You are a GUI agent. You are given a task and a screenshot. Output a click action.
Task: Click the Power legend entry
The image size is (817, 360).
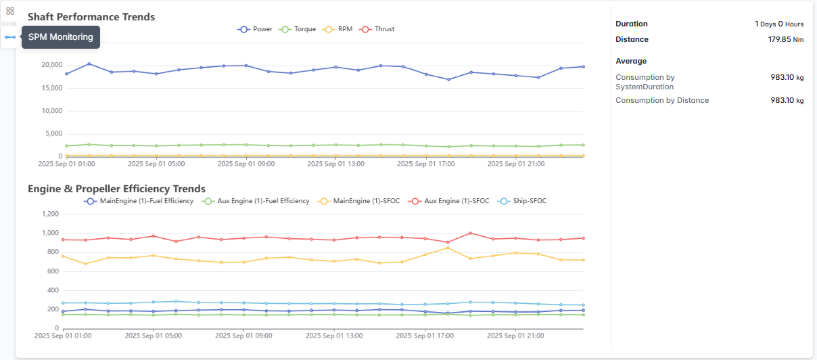coord(254,29)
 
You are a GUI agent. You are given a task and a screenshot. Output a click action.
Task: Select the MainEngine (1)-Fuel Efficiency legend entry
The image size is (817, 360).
coord(139,201)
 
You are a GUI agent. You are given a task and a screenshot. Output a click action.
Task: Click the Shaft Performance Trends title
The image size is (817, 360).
coord(91,16)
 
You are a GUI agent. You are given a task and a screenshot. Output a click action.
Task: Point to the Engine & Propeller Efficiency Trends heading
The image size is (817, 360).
coord(116,189)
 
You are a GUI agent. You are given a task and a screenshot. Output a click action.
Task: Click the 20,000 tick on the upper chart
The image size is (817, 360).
coord(51,65)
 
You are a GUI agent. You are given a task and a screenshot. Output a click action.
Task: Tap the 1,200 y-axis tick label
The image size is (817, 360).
coord(51,214)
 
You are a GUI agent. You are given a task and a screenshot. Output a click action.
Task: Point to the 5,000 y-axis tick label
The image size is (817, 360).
coord(53,134)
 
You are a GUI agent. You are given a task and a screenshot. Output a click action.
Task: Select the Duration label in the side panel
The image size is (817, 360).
coord(632,24)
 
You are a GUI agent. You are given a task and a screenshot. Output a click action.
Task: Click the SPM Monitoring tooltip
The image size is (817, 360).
coord(61,37)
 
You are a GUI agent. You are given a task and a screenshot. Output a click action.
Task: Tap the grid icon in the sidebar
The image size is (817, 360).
coord(9,11)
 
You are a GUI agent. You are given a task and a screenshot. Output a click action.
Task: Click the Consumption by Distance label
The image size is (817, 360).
coord(662,100)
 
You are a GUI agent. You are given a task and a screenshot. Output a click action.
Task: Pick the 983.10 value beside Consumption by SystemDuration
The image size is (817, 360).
coord(782,77)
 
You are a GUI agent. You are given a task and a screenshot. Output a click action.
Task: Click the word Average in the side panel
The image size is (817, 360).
coord(631,61)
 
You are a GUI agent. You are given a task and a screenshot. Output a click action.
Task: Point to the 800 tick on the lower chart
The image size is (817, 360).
coord(53,252)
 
